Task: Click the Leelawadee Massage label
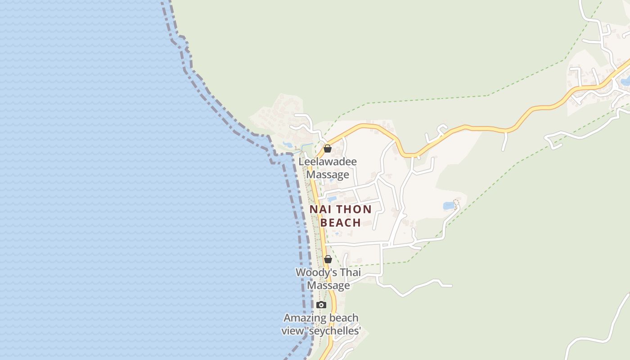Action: [328, 168]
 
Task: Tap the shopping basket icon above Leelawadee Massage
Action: [328, 148]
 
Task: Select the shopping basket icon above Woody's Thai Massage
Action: [328, 259]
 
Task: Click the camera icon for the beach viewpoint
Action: [321, 305]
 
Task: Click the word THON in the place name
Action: [354, 209]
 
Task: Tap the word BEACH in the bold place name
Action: [341, 222]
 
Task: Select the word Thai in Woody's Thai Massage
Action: [350, 272]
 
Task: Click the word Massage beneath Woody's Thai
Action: [328, 285]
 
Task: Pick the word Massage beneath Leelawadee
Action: [328, 175]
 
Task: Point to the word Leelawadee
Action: [328, 162]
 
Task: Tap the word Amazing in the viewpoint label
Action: [304, 318]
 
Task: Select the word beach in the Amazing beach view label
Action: [343, 318]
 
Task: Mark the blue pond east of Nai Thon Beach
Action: [449, 206]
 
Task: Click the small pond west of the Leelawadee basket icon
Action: [287, 145]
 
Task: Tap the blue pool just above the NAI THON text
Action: [332, 198]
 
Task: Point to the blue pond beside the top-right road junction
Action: [625, 82]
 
